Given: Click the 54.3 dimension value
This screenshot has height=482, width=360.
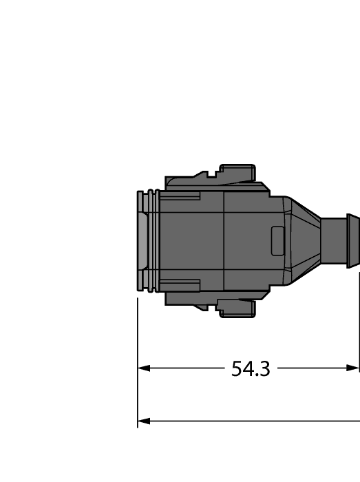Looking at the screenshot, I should tap(251, 369).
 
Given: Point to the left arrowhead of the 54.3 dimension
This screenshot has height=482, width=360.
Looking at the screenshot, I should tap(143, 368).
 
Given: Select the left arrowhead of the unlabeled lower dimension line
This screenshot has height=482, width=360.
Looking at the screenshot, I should tap(143, 420).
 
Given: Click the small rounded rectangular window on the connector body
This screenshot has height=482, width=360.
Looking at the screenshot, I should tap(277, 240).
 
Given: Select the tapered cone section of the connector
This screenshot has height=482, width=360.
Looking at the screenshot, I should tap(303, 240).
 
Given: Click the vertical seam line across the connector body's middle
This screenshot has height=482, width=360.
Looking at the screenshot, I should tap(224, 240).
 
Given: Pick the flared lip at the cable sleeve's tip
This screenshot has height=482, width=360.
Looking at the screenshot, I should tap(353, 240).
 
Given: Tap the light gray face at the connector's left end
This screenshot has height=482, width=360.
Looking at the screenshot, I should tap(142, 240).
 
